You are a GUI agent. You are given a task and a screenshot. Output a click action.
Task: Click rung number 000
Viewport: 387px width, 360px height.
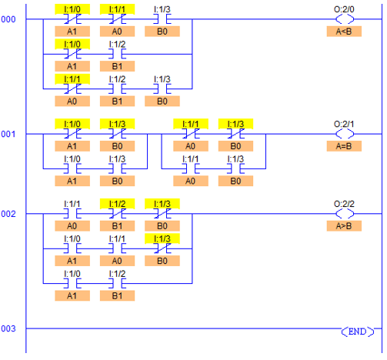point(8,19)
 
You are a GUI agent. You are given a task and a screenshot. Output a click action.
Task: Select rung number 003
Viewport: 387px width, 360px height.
point(8,328)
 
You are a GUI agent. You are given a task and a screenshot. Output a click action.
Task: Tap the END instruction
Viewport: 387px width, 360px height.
point(358,332)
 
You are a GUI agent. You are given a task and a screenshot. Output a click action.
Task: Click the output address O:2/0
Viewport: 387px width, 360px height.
point(344,9)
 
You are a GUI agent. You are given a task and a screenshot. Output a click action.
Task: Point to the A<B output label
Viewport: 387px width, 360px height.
point(344,32)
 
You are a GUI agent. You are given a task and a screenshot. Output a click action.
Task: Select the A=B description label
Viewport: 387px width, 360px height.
point(344,146)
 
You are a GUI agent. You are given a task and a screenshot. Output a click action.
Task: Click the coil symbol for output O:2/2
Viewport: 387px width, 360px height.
point(345,213)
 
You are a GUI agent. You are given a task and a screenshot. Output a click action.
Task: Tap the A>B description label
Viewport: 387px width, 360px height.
point(344,226)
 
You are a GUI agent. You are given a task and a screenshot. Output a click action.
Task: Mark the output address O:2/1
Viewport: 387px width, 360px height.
point(344,124)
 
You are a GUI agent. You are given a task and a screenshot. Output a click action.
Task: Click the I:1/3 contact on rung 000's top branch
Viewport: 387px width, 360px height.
point(162,19)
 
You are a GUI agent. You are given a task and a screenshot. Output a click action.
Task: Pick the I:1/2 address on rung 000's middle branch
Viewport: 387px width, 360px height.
point(117,45)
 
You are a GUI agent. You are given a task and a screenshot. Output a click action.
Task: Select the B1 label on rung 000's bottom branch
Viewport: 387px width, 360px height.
point(117,102)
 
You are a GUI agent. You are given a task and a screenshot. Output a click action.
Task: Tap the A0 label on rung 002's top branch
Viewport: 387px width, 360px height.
point(72,226)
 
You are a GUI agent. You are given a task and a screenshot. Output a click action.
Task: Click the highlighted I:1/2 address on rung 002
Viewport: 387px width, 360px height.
point(117,204)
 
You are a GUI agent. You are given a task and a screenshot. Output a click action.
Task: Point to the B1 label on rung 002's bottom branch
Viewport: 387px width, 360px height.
point(117,296)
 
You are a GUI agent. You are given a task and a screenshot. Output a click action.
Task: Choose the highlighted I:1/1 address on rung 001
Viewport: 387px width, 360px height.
point(191,124)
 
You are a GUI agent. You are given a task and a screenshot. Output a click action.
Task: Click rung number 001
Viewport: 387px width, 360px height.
point(8,134)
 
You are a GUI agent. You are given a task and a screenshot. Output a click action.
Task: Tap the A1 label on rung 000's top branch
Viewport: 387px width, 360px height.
point(72,32)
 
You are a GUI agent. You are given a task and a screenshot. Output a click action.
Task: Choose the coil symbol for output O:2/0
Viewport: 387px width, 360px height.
point(345,19)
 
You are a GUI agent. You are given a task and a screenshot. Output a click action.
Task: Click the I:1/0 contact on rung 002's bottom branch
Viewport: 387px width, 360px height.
point(72,283)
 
